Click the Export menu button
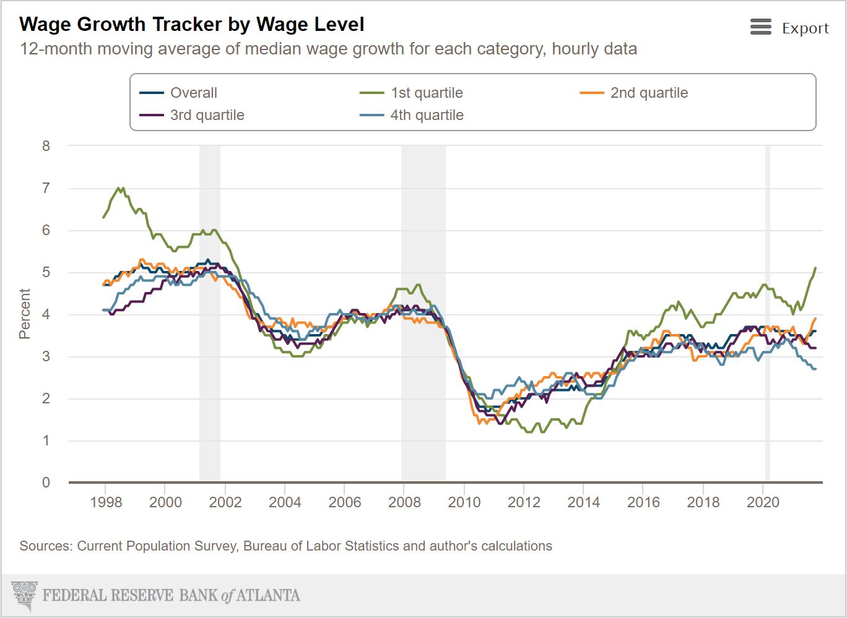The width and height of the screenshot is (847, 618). [x=789, y=28]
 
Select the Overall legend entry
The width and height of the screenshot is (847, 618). [x=193, y=93]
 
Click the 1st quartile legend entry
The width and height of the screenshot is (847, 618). [x=426, y=93]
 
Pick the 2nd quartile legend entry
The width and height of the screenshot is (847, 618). [x=648, y=93]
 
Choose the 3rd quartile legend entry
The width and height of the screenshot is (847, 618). [x=207, y=115]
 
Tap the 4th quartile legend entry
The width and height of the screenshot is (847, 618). [x=426, y=115]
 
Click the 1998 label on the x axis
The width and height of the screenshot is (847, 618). [x=106, y=502]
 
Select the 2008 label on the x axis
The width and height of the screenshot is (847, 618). [x=404, y=502]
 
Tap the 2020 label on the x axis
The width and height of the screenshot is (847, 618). [x=763, y=502]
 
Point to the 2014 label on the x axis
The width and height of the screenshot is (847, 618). [x=584, y=502]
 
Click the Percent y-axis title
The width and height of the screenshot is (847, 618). [x=25, y=314]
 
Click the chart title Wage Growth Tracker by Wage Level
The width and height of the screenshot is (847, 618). [x=192, y=24]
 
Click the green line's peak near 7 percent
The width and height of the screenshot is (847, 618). [x=118, y=187]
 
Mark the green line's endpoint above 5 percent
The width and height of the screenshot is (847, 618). [x=815, y=268]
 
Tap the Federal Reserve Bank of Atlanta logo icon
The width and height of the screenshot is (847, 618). [x=25, y=595]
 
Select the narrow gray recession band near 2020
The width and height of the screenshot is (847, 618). [x=768, y=309]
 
